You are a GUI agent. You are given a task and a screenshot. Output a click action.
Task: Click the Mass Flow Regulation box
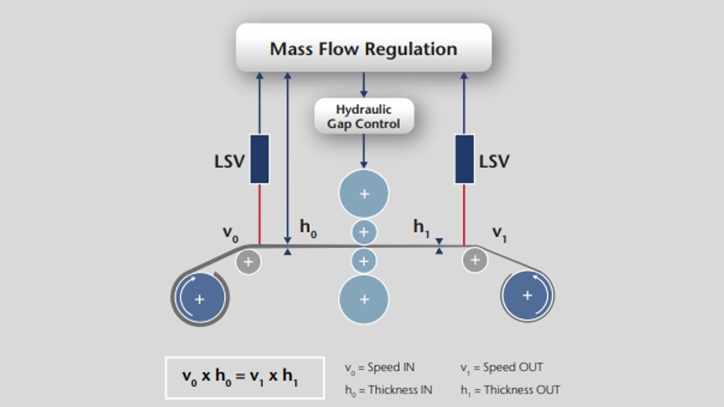point(364,48)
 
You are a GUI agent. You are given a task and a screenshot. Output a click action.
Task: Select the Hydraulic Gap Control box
point(364,116)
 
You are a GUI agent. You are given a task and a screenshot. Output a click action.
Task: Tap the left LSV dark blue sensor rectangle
point(259,159)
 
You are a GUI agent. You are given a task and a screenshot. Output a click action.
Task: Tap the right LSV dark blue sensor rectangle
point(464,159)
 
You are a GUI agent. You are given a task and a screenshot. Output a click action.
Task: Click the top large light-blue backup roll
point(364,194)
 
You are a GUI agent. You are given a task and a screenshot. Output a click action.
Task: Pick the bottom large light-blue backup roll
point(364,299)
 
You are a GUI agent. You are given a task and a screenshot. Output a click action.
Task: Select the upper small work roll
point(364,232)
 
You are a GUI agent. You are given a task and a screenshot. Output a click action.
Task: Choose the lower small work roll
point(364,261)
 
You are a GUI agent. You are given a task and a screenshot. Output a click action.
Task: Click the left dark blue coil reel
point(200,299)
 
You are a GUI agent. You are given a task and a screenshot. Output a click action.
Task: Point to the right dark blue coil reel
point(527,295)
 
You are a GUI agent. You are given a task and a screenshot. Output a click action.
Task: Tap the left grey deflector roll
point(248,261)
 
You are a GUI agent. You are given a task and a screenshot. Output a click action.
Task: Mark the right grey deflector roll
point(475,260)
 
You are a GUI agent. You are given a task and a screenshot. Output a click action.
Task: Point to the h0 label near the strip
point(307,228)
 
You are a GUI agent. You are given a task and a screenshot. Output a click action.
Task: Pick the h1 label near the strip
point(421,228)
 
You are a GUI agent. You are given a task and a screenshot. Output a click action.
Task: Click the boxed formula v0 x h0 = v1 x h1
point(245,378)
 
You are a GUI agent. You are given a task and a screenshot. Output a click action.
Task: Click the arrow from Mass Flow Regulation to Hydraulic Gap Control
point(363,85)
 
